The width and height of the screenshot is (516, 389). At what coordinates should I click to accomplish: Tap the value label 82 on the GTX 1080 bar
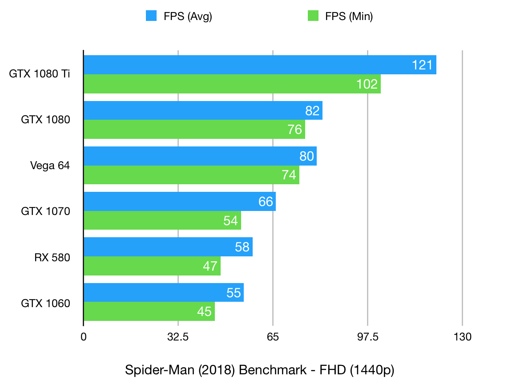pos(313,111)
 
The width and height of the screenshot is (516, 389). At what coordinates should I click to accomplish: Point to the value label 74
pos(289,175)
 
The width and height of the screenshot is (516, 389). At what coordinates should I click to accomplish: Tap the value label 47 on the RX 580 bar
pos(210,266)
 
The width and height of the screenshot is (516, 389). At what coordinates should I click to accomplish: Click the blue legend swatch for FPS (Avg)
pos(151,16)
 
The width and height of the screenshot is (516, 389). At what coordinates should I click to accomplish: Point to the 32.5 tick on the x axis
pos(178,337)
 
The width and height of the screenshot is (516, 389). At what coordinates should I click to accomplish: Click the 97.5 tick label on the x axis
pos(367,337)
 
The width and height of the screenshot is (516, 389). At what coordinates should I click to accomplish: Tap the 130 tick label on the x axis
pos(462,337)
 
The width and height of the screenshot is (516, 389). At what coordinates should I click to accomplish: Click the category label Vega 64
pos(50,166)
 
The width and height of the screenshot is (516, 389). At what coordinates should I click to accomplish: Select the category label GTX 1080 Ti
pos(40,74)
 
